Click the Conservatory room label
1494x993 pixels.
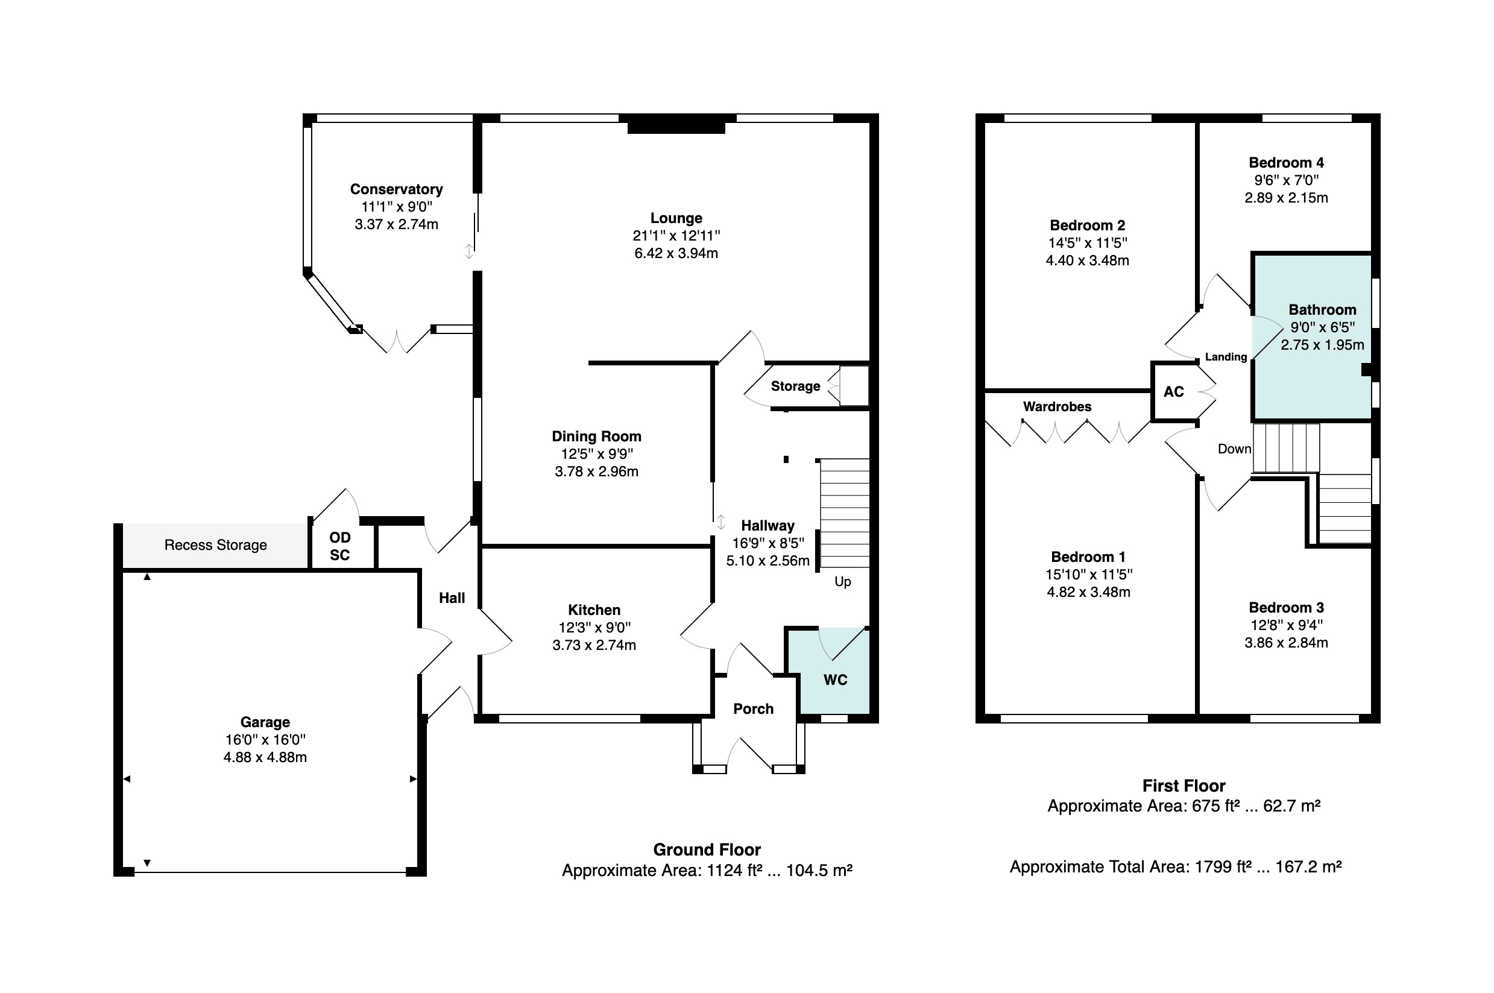397,189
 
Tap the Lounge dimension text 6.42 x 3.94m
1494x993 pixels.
676,253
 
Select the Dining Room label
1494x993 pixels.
597,437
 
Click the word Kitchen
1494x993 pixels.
594,610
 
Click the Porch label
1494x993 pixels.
754,708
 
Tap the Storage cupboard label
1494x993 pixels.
795,386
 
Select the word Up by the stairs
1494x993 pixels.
842,582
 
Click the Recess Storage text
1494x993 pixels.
215,545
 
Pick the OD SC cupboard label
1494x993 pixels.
340,546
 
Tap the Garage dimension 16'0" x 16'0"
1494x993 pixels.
265,740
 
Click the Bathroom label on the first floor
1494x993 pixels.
1322,310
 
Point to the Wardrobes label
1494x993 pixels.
1057,406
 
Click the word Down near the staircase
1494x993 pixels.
1234,449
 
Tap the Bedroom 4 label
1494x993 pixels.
1286,163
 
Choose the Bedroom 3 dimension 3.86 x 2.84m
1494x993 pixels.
1286,643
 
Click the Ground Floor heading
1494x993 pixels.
707,850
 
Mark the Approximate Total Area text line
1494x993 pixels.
1176,867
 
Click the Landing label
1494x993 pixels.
1226,357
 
